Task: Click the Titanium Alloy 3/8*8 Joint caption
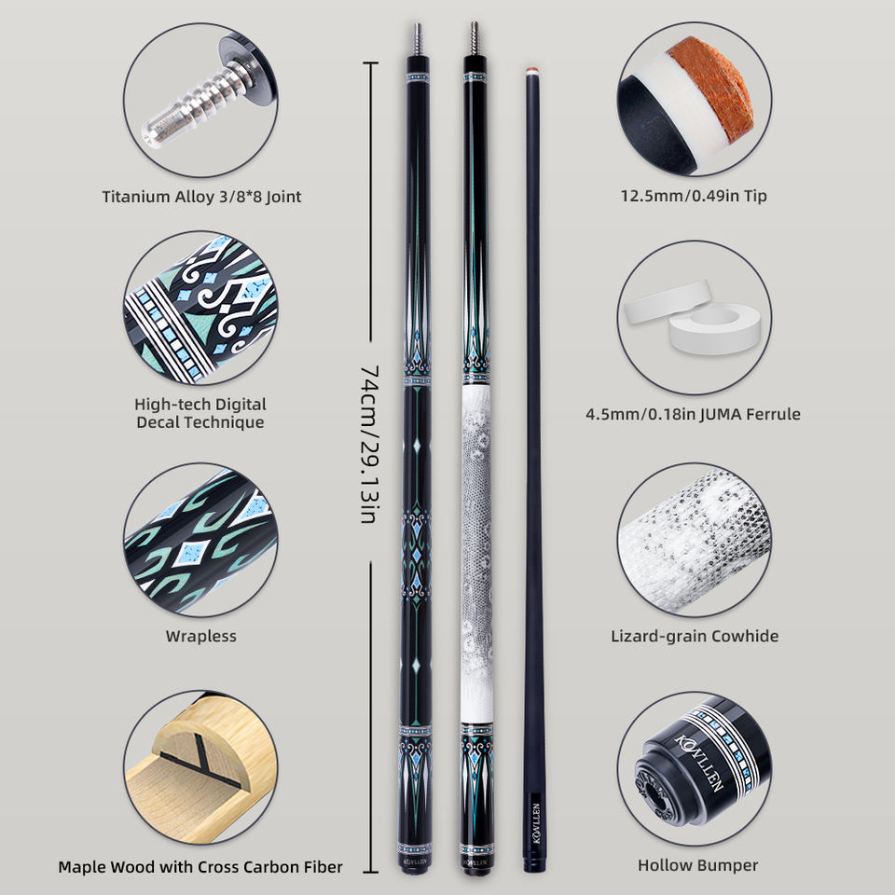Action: (201, 197)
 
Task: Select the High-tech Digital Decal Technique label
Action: (200, 413)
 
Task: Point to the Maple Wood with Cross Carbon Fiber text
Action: (200, 866)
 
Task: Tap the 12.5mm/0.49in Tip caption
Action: (694, 197)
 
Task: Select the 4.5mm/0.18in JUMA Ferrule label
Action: (694, 413)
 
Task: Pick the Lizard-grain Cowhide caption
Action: (695, 636)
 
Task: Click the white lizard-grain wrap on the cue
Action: (475, 559)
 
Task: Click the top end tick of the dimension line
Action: (370, 63)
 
